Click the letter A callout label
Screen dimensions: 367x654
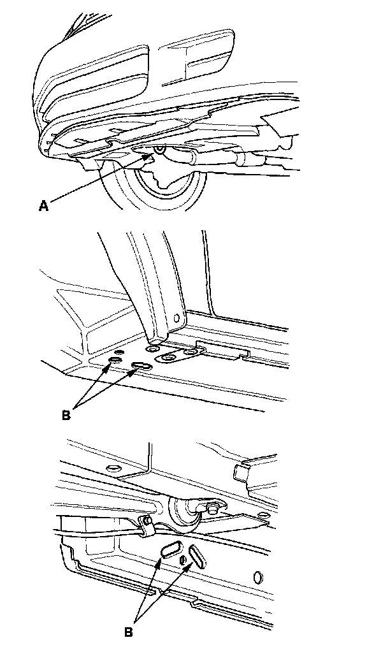[x=43, y=206]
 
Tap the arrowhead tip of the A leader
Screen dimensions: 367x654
[x=155, y=154]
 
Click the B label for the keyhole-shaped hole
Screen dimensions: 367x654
[x=66, y=416]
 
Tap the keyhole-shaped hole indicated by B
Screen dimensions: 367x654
[x=142, y=367]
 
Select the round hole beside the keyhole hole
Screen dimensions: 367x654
[x=115, y=359]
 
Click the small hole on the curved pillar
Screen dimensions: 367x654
[x=177, y=318]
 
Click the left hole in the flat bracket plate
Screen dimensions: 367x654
[x=169, y=358]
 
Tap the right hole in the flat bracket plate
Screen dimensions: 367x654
[x=191, y=352]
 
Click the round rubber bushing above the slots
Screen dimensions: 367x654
[x=184, y=516]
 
